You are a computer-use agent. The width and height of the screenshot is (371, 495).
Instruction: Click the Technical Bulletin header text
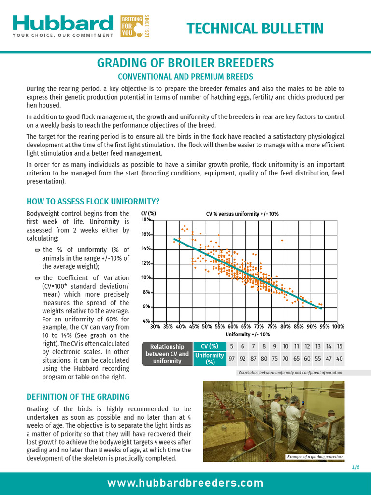coord(255,29)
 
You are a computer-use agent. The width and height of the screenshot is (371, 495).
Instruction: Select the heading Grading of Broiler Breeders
coord(185,63)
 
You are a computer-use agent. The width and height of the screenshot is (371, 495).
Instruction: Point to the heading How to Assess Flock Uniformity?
coord(93,202)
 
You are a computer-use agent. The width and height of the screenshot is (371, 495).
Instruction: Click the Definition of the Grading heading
coord(78,397)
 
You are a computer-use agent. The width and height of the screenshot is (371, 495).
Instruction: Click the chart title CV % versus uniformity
coord(242,214)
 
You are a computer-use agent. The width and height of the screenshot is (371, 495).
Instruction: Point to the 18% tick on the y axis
coord(145,219)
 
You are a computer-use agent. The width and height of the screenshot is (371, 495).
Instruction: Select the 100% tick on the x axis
coord(338,327)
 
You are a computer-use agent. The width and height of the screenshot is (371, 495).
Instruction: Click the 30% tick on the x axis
coord(156,327)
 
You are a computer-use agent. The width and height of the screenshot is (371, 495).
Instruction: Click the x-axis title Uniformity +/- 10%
coord(247,335)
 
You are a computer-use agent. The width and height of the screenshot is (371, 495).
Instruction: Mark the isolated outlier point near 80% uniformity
coord(283,240)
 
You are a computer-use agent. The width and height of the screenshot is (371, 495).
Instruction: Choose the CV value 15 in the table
coord(340,346)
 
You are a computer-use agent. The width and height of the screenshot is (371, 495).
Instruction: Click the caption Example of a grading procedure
coord(314,457)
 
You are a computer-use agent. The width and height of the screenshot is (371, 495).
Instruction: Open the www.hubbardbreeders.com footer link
coord(185,483)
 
